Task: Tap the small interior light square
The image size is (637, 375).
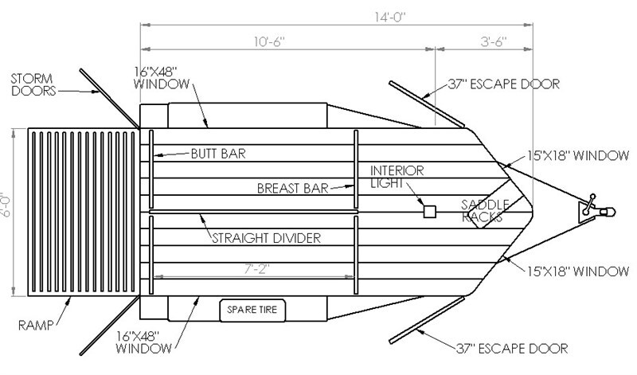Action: (x=429, y=212)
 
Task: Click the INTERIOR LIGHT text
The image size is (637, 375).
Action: (x=397, y=177)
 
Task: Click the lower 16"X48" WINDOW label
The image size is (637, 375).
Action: (x=143, y=342)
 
